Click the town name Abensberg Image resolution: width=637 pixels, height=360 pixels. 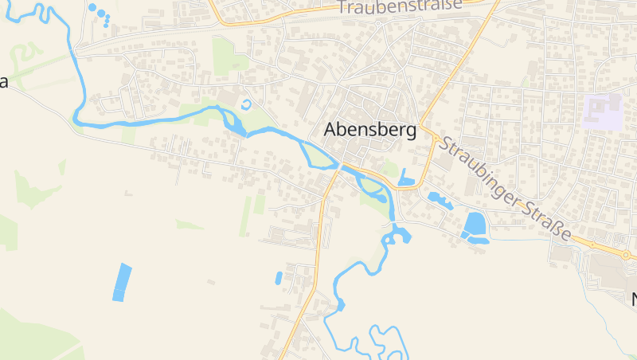[x=369, y=131]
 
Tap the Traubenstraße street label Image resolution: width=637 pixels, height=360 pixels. [x=399, y=6]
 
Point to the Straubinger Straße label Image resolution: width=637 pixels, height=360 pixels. [x=506, y=190]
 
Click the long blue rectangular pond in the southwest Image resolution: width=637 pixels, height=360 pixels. [x=122, y=282]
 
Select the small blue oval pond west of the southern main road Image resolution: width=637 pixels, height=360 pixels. [x=279, y=278]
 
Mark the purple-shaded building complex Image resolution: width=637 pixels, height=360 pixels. [x=602, y=111]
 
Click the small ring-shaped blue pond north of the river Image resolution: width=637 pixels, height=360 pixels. [x=245, y=104]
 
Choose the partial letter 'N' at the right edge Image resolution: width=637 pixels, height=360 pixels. [x=634, y=300]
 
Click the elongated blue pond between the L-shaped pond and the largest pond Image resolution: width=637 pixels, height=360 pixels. [x=440, y=200]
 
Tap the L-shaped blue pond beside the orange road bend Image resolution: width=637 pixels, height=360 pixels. [x=406, y=179]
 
